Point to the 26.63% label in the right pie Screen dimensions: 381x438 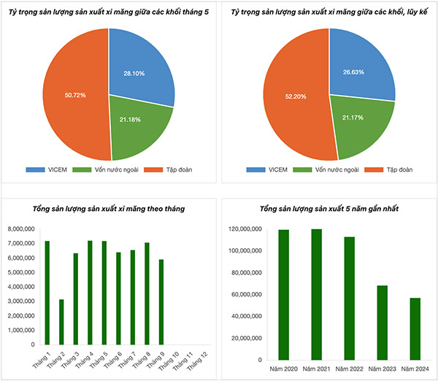[353, 73]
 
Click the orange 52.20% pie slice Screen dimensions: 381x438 [292, 96]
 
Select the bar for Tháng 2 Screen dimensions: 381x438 [61, 321]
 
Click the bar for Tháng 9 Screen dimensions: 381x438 [161, 301]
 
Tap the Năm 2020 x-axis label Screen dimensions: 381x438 [283, 370]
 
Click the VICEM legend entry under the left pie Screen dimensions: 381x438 [51, 169]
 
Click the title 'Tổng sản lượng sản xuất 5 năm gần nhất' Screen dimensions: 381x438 [328, 209]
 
